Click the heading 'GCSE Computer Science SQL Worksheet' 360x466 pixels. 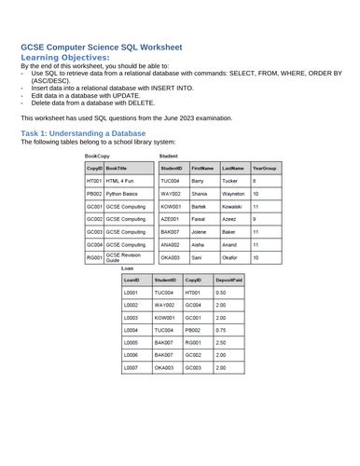pyautogui.click(x=101, y=47)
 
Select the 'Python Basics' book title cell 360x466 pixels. pyautogui.click(x=121, y=193)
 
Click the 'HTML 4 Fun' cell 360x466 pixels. pyautogui.click(x=119, y=180)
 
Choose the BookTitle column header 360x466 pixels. pyautogui.click(x=118, y=168)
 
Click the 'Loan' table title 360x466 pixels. pyautogui.click(x=127, y=268)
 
